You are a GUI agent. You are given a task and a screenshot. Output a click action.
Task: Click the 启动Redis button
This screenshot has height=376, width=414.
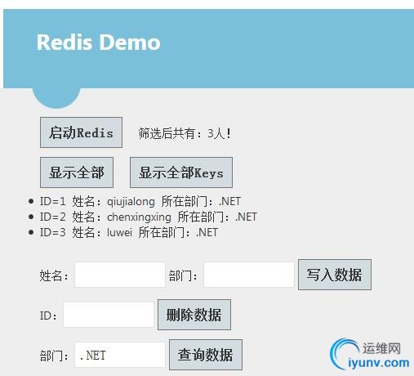click(x=81, y=132)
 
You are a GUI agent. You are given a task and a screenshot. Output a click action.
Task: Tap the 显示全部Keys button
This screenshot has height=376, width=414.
click(x=181, y=172)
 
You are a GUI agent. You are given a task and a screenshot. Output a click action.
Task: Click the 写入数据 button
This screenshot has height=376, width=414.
click(x=335, y=275)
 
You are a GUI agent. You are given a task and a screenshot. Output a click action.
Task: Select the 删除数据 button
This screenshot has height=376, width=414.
click(x=194, y=315)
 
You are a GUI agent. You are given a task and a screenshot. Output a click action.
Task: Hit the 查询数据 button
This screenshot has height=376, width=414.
click(x=206, y=355)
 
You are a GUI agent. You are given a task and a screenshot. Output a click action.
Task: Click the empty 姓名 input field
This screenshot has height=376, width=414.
click(x=120, y=275)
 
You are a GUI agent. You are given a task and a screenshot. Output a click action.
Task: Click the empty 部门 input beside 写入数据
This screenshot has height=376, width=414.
click(x=249, y=275)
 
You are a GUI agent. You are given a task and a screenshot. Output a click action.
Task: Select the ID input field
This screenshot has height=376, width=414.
click(x=109, y=315)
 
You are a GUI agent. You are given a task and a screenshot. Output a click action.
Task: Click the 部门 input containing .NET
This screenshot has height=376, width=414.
click(x=120, y=355)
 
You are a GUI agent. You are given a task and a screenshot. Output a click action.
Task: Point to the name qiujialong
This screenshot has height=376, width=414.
click(x=131, y=202)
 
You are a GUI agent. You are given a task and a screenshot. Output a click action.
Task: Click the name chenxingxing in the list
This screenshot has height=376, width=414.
click(x=139, y=217)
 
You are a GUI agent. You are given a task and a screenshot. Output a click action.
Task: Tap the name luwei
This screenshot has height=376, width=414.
click(x=119, y=232)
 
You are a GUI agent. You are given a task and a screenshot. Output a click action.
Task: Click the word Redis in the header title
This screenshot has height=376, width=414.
click(x=65, y=43)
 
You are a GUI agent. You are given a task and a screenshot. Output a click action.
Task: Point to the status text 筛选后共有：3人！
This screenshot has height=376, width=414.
click(x=185, y=133)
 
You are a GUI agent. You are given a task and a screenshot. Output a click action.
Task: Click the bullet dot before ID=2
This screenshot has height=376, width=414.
click(x=31, y=217)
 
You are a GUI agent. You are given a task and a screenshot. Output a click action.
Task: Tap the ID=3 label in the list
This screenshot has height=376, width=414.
click(x=53, y=232)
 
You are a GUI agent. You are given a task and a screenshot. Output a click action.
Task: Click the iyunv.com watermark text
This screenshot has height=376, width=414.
click(x=379, y=363)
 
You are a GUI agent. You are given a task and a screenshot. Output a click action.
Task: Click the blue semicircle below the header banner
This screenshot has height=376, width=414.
click(x=56, y=97)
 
